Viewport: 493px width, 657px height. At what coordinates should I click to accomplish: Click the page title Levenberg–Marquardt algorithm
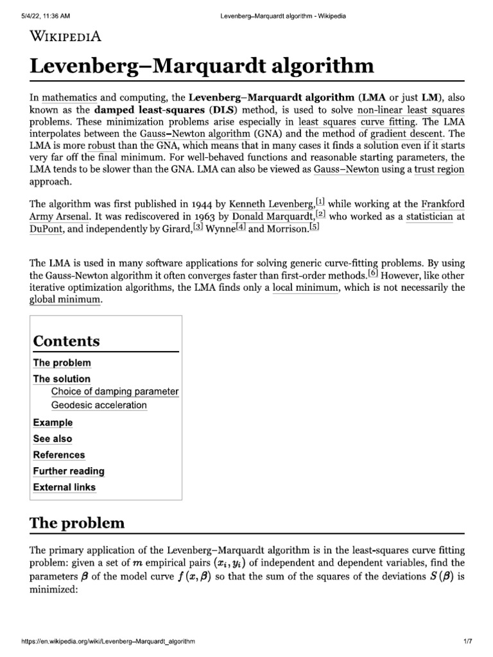[x=201, y=66]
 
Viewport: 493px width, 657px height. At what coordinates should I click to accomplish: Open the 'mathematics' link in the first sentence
[x=69, y=98]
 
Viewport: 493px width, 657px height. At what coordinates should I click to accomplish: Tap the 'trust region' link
[x=439, y=169]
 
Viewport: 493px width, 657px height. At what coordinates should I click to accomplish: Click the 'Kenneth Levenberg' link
[x=272, y=204]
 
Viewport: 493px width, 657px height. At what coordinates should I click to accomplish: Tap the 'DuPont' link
[x=46, y=230]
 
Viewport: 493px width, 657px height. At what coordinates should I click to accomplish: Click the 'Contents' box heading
[x=66, y=341]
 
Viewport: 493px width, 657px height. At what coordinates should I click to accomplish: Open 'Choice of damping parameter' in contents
[x=115, y=391]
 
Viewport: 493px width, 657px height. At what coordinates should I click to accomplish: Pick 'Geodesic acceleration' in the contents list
[x=99, y=405]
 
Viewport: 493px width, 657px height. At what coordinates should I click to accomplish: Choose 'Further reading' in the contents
[x=69, y=471]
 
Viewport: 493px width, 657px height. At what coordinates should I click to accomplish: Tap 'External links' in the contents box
[x=64, y=487]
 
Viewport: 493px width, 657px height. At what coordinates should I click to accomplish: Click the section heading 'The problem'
[x=77, y=523]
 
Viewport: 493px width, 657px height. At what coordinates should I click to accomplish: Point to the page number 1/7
[x=467, y=642]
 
